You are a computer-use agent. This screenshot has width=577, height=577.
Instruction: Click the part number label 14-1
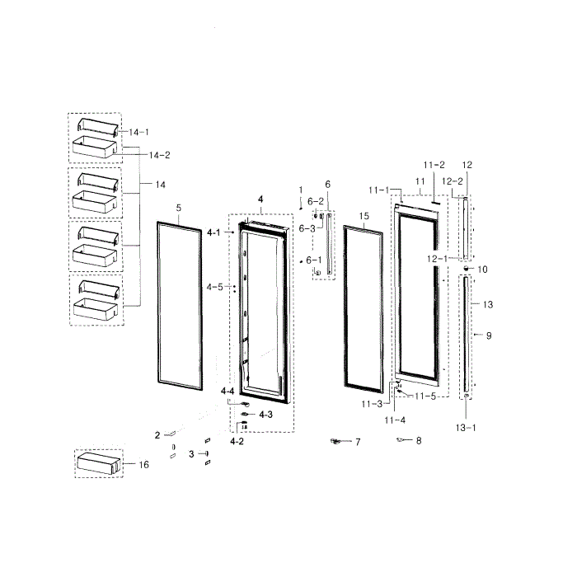pyautogui.click(x=138, y=132)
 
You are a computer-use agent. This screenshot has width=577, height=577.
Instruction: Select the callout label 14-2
pyautogui.click(x=160, y=155)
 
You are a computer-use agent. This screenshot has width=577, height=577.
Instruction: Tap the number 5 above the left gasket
pyautogui.click(x=179, y=208)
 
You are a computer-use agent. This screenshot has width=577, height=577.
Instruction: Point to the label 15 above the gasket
pyautogui.click(x=364, y=216)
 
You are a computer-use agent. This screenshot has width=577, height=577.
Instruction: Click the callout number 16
pyautogui.click(x=144, y=465)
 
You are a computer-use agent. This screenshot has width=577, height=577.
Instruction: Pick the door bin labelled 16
pyautogui.click(x=99, y=463)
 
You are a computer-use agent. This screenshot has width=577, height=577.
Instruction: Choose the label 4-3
pyautogui.click(x=265, y=415)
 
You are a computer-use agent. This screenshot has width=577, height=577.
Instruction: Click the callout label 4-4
pyautogui.click(x=228, y=392)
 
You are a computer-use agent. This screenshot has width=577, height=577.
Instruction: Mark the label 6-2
pyautogui.click(x=316, y=202)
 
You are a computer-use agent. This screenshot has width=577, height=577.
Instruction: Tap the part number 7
pyautogui.click(x=358, y=442)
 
